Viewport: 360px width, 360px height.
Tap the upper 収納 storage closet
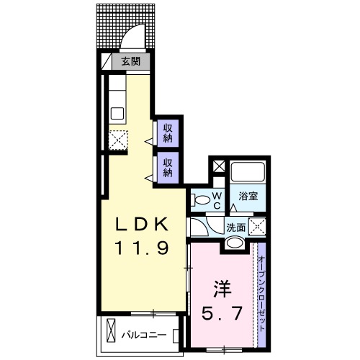[167, 133]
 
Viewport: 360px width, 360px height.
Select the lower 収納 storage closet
[167, 167]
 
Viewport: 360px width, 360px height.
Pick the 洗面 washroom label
[236, 228]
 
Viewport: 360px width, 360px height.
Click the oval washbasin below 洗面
[233, 243]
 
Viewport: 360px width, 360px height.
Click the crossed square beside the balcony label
[110, 333]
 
